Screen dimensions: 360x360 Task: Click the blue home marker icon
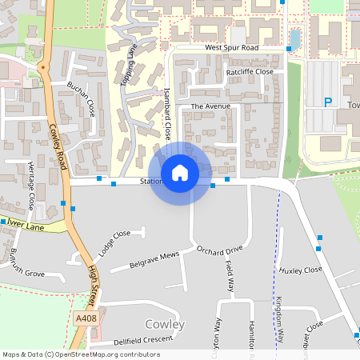click(180, 172)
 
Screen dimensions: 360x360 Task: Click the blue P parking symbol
click(327, 102)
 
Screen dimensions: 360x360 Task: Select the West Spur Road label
click(231, 48)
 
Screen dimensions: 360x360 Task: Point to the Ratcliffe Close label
click(250, 72)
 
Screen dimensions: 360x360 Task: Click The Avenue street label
click(210, 106)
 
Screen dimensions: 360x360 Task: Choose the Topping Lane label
click(129, 66)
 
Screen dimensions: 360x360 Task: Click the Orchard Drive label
click(218, 249)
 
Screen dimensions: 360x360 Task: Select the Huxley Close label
click(300, 270)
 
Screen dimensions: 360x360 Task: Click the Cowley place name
click(165, 324)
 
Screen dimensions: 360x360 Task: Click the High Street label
click(94, 281)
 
